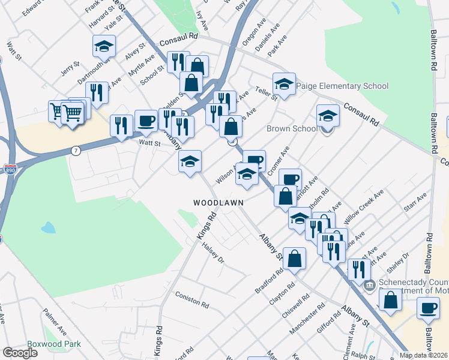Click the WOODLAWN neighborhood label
218,203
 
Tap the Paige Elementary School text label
341,86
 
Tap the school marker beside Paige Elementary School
285,83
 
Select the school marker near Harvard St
104,46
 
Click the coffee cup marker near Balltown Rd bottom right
429,308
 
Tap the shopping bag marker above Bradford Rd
295,259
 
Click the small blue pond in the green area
48,228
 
